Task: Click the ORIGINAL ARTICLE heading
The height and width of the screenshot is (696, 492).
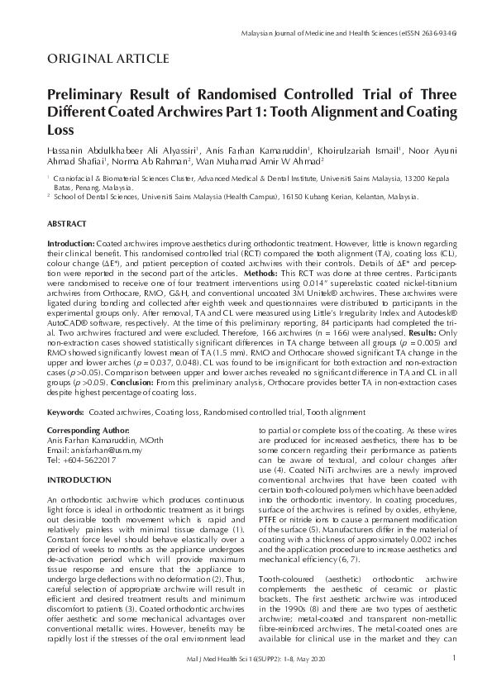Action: pos(108,58)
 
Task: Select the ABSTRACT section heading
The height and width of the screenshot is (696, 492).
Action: pos(65,224)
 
